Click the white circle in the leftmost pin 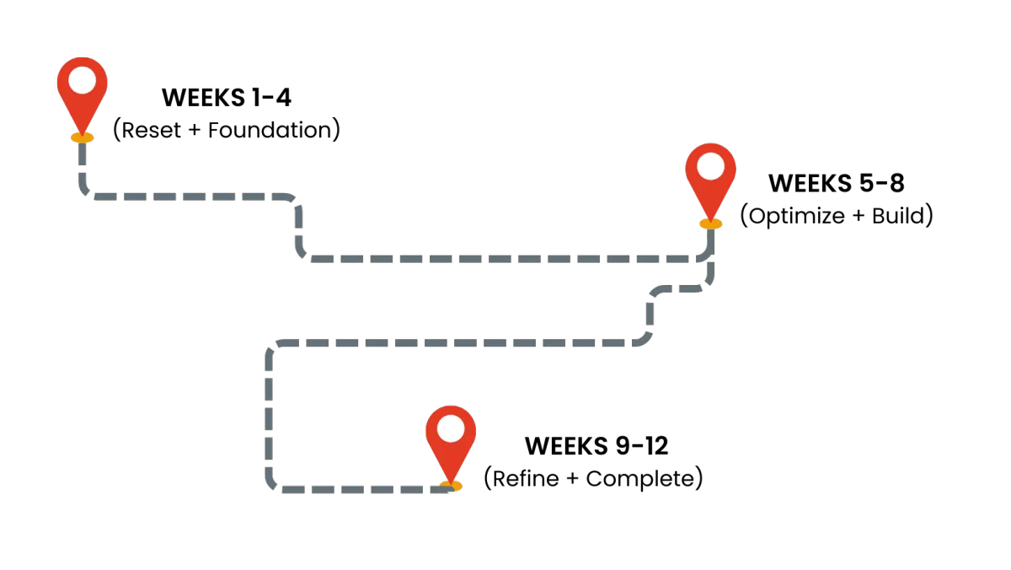click(82, 80)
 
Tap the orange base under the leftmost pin click(82, 137)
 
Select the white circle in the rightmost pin click(710, 166)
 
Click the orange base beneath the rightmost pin click(710, 224)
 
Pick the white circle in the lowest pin click(451, 428)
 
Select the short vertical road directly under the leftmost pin click(82, 164)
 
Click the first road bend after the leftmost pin click(86, 191)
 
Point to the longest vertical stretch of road click(269, 413)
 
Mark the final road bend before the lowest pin click(272, 484)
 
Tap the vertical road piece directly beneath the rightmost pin click(709, 245)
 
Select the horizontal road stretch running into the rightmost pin click(505, 256)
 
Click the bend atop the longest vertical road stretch click(272, 347)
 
